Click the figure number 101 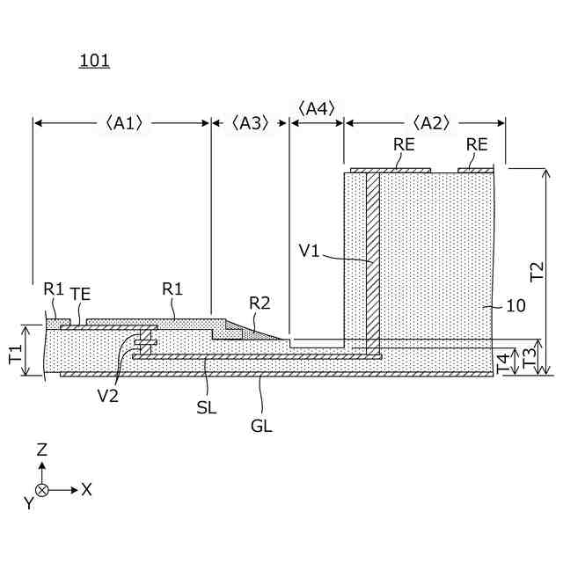pyautogui.click(x=94, y=61)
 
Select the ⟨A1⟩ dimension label pyautogui.click(x=122, y=124)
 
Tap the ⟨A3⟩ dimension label pyautogui.click(x=251, y=124)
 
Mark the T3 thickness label pyautogui.click(x=528, y=359)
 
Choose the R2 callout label pyautogui.click(x=260, y=303)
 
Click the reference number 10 pyautogui.click(x=517, y=306)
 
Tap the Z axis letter pyautogui.click(x=41, y=450)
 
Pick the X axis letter pyautogui.click(x=86, y=490)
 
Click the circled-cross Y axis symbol pyautogui.click(x=41, y=490)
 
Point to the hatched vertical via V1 pyautogui.click(x=372, y=264)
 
